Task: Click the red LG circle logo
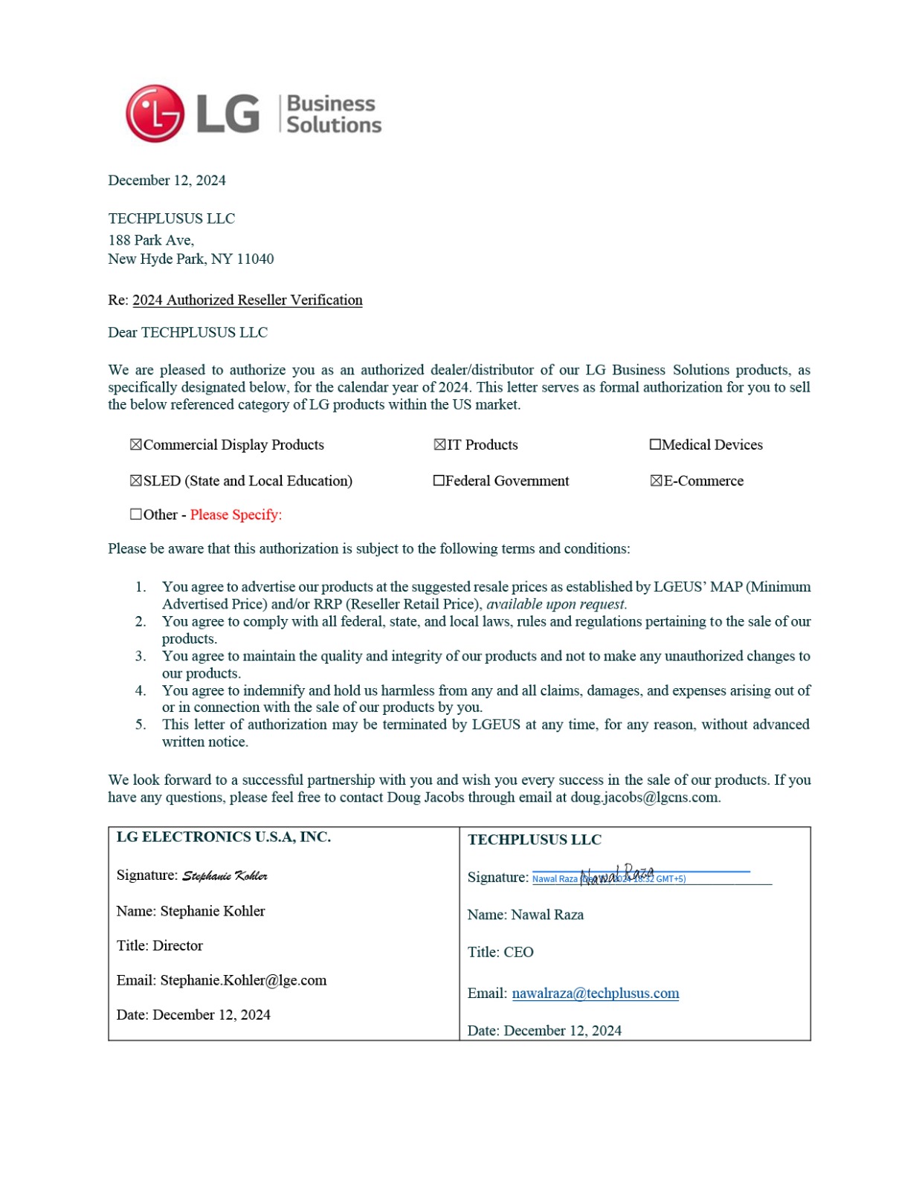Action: (155, 114)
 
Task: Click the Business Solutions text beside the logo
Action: (333, 114)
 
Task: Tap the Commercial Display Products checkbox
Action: (136, 444)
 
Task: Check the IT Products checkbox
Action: (439, 444)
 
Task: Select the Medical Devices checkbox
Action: (655, 444)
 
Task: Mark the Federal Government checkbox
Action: (439, 481)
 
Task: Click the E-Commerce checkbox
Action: (656, 481)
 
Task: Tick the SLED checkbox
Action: (136, 481)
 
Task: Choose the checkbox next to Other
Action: (136, 514)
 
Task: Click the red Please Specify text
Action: (236, 514)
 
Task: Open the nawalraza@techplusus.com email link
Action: (595, 994)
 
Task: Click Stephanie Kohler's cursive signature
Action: (225, 876)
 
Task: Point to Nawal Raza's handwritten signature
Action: (616, 875)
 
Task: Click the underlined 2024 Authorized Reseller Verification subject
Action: (247, 300)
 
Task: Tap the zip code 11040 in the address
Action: (255, 259)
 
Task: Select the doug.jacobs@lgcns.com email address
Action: (644, 797)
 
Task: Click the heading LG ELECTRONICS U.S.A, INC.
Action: (223, 837)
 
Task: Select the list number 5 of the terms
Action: (141, 725)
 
